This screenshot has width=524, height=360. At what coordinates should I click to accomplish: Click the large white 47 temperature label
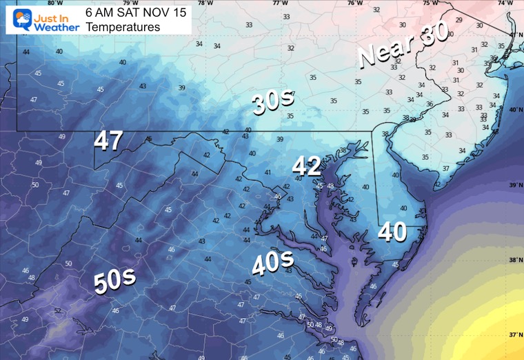pos(108,141)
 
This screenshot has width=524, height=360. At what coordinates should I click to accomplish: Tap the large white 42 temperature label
pos(306,166)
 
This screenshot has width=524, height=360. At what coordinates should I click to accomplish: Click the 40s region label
pos(272,263)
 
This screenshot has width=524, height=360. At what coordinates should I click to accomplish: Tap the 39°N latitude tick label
pos(515,186)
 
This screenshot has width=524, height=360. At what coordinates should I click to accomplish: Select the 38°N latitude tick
pos(515,261)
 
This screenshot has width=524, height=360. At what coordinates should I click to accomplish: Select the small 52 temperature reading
pos(58,311)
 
